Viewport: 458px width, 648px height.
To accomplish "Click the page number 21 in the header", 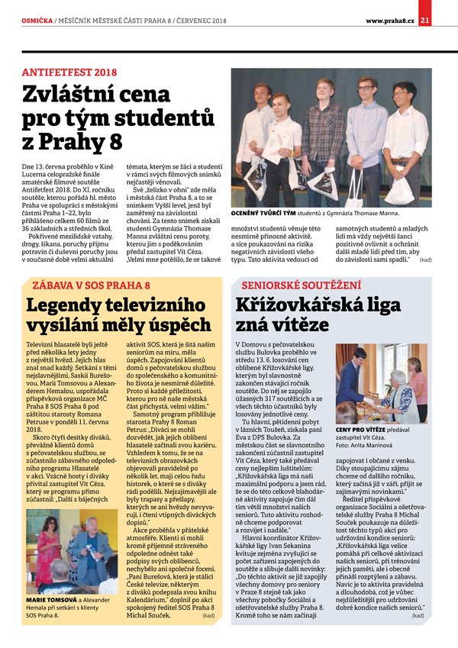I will point(446,8).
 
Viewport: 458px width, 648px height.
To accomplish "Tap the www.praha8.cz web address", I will point(389,8).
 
